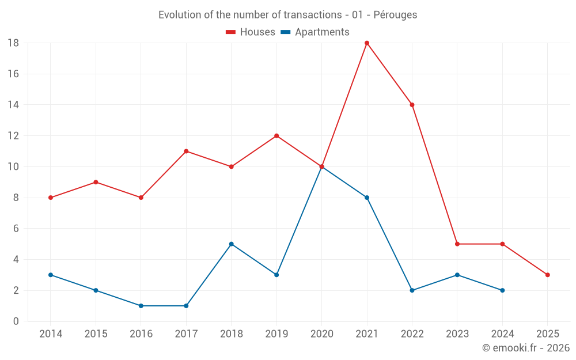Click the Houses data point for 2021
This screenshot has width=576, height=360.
tap(367, 43)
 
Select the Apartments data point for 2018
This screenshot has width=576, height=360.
tap(232, 244)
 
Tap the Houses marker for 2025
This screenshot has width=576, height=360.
tap(548, 275)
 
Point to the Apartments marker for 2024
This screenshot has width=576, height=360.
tap(502, 290)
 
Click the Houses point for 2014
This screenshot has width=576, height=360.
tap(51, 198)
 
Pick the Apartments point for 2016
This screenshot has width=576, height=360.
tap(141, 306)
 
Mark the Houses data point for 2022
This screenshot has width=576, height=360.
tap(412, 105)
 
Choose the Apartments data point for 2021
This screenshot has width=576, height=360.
tap(367, 198)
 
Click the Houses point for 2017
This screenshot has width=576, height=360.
tap(186, 151)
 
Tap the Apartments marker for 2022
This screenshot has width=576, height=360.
tap(412, 290)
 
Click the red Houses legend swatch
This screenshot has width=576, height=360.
tap(231, 32)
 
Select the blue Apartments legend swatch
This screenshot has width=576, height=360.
tap(286, 32)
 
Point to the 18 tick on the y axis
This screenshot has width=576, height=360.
tap(13, 43)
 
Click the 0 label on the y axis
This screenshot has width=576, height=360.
tap(16, 321)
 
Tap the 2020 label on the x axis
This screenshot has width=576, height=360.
tap(321, 334)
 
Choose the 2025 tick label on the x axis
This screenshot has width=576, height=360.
tap(548, 334)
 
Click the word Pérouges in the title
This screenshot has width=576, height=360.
tap(395, 15)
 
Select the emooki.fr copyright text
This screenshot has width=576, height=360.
tap(526, 348)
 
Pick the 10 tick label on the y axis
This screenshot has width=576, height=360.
tap(13, 167)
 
